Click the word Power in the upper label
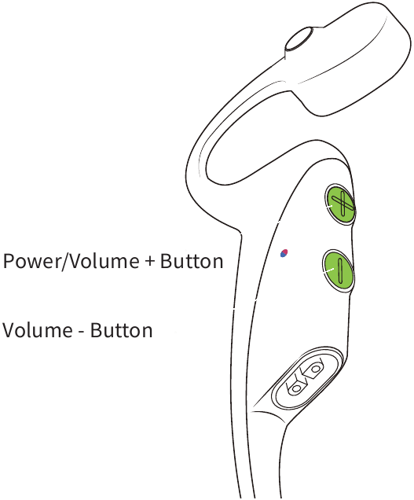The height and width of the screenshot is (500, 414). click(31, 261)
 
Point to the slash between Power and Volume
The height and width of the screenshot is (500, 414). click(64, 261)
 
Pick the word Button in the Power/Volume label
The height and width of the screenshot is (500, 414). click(191, 261)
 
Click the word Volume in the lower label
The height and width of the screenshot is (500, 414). click(38, 330)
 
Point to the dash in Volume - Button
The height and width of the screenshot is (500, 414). click(81, 333)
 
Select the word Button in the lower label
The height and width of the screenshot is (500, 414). click(121, 330)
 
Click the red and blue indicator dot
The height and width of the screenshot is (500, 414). click(284, 253)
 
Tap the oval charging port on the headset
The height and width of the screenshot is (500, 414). click(306, 378)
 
